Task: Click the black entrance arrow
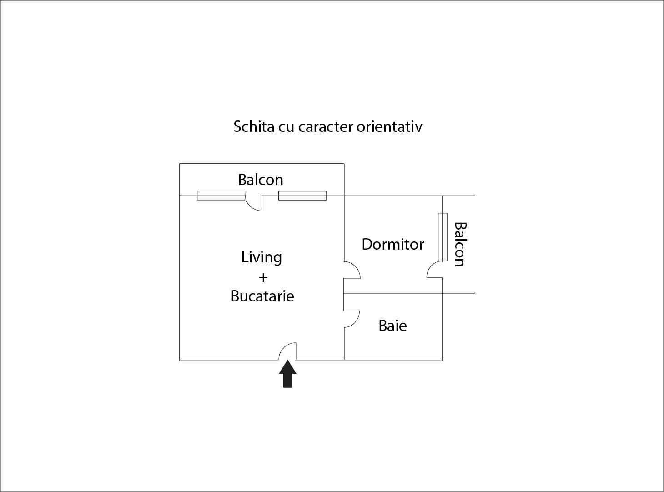click(x=288, y=374)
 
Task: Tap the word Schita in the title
click(x=254, y=126)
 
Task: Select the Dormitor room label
click(x=393, y=244)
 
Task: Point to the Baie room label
click(x=392, y=326)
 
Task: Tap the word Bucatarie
click(x=262, y=296)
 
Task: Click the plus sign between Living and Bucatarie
click(x=263, y=277)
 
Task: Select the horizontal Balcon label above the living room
click(x=261, y=180)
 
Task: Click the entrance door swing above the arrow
click(x=287, y=351)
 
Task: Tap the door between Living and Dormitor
click(x=352, y=270)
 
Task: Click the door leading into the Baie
click(x=352, y=319)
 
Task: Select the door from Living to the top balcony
click(x=254, y=203)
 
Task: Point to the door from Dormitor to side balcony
click(x=434, y=270)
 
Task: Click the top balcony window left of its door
click(x=221, y=196)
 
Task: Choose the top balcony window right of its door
click(x=302, y=196)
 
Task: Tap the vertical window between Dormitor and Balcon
click(x=443, y=237)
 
